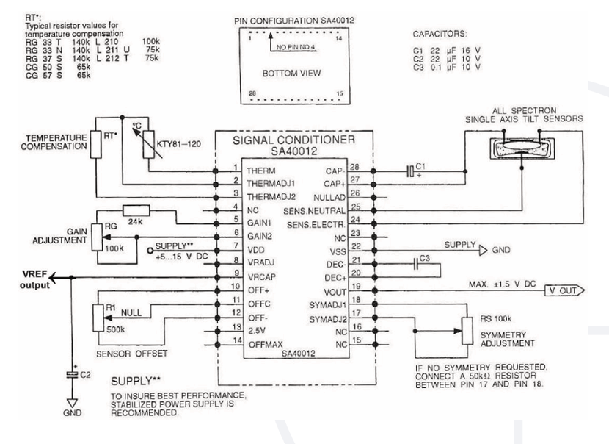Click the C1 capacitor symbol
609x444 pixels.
[x=410, y=171]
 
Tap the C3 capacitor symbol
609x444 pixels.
[x=416, y=264]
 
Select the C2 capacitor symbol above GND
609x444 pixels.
[x=72, y=374]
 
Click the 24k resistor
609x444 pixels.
[x=136, y=210]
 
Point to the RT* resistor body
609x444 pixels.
[x=96, y=144]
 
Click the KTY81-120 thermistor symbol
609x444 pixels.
[x=148, y=144]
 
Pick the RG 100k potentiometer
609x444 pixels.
[x=97, y=237]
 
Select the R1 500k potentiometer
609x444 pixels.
[x=98, y=318]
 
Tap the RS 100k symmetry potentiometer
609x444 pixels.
[x=467, y=331]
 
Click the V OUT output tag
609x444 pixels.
[x=564, y=290]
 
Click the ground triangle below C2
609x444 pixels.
[x=72, y=403]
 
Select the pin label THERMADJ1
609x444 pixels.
[x=271, y=183]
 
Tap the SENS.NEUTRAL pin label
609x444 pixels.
[x=314, y=211]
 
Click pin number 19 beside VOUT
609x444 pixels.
[x=356, y=287]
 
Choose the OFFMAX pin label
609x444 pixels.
[x=266, y=344]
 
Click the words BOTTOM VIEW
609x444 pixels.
[x=292, y=74]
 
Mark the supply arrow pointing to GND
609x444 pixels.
[x=483, y=250]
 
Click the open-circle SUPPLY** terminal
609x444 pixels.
[x=150, y=251]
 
